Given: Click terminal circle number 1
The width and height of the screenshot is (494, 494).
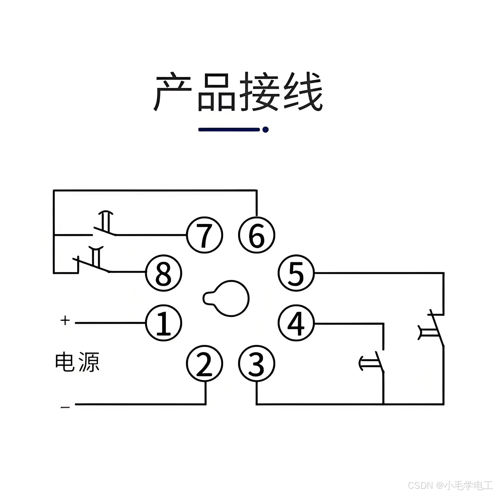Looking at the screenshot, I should (x=164, y=323).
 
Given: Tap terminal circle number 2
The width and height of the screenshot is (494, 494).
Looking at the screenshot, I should (x=204, y=364).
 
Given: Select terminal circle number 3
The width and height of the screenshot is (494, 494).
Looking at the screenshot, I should (x=256, y=364).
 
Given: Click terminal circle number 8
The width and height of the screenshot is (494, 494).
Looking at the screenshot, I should (x=164, y=273).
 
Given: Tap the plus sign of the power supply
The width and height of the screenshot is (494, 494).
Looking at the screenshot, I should (x=65, y=320).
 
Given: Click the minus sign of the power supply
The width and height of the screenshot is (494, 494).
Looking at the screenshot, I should (x=65, y=407).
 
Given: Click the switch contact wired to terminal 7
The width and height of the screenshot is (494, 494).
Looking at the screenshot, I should (x=105, y=226).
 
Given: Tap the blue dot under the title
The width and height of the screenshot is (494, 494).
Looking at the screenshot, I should (x=266, y=130).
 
